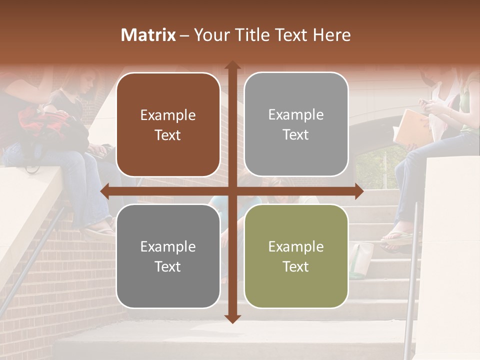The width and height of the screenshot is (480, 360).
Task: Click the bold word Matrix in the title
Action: pyautogui.click(x=148, y=35)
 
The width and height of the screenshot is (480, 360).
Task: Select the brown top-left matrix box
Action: pyautogui.click(x=168, y=124)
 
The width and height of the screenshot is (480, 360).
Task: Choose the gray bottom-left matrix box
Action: pyautogui.click(x=168, y=256)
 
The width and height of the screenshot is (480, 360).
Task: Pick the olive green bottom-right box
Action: pyautogui.click(x=296, y=256)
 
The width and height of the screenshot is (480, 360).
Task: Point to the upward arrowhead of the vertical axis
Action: pyautogui.click(x=232, y=65)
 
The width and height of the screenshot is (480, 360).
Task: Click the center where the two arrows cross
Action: pyautogui.click(x=232, y=191)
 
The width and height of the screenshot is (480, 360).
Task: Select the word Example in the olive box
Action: pyautogui.click(x=296, y=246)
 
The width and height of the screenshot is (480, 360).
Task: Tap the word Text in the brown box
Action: pyautogui.click(x=168, y=135)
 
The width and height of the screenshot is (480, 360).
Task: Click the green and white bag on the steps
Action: pyautogui.click(x=361, y=259)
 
